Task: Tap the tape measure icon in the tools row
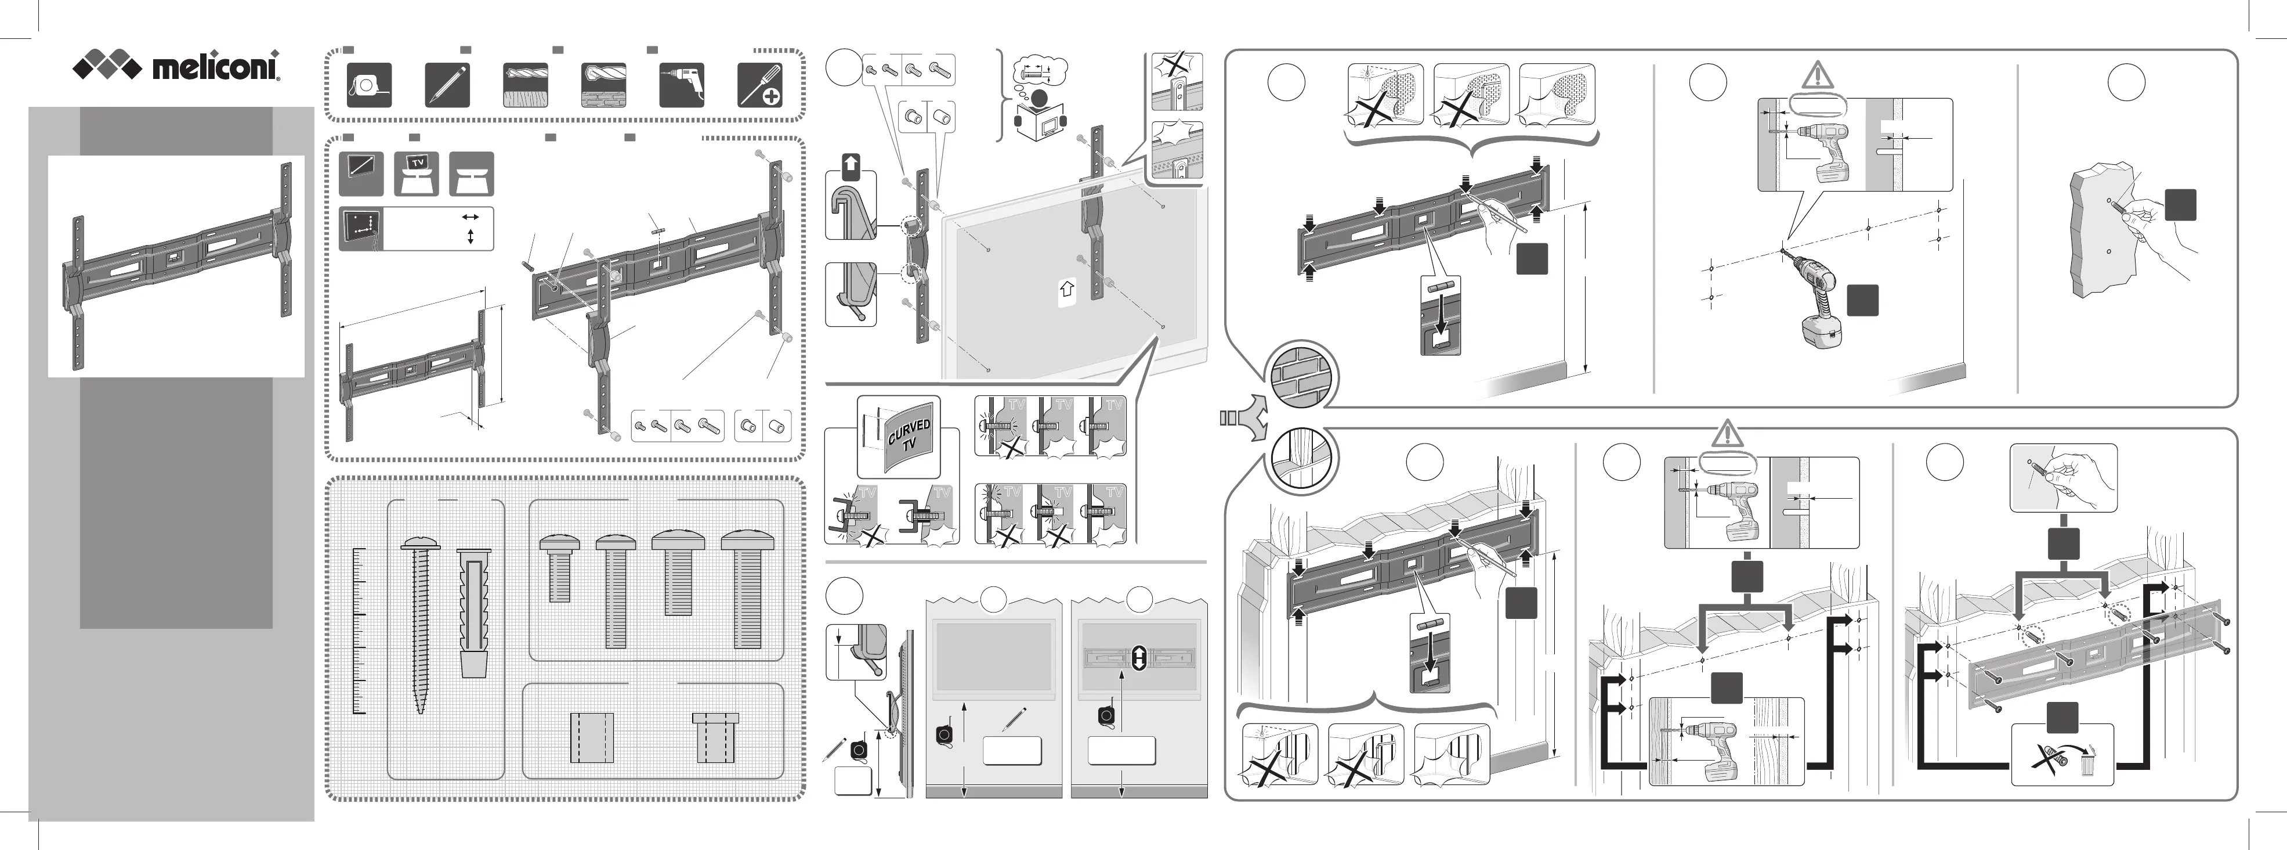tap(368, 85)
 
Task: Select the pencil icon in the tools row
tap(447, 85)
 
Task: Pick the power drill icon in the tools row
tap(682, 85)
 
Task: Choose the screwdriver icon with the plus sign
tap(760, 85)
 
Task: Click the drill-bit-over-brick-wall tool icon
tap(604, 85)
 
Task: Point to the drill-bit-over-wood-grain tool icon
tap(526, 85)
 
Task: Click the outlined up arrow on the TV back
tap(1067, 289)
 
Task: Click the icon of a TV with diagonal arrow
tap(361, 173)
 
